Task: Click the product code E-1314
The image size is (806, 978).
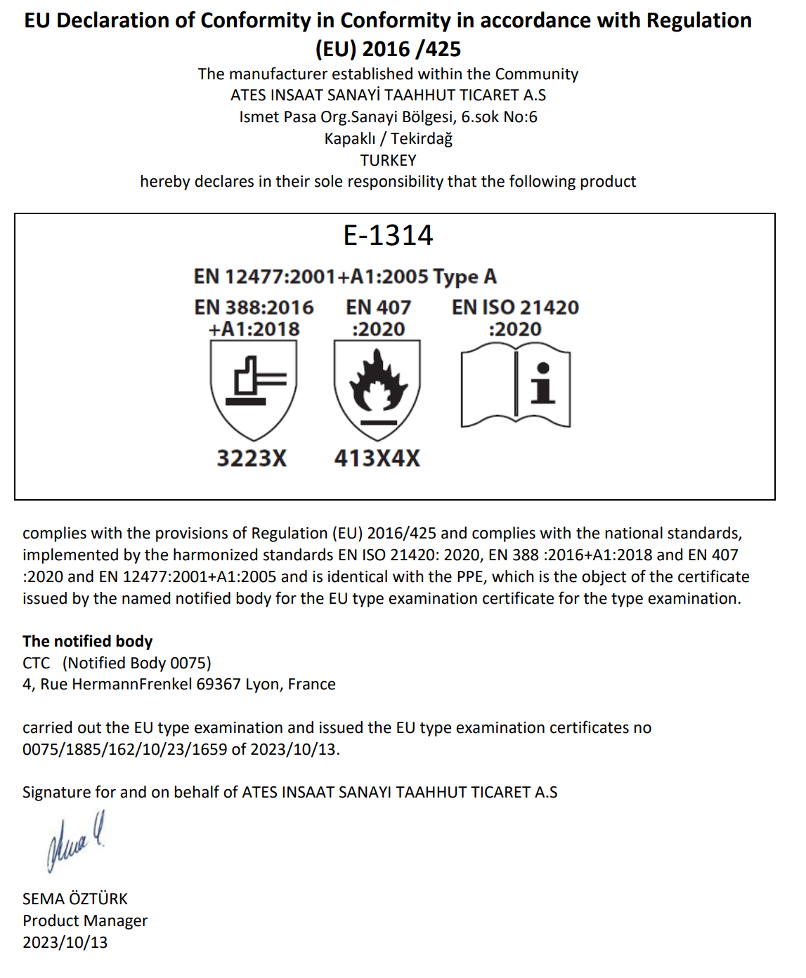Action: point(388,236)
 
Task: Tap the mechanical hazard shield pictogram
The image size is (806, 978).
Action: point(253,390)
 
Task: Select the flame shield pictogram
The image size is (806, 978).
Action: point(377,390)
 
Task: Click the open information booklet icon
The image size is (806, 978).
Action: point(515,386)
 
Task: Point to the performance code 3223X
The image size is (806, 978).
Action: point(252,458)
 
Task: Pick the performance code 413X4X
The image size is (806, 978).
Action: point(377,458)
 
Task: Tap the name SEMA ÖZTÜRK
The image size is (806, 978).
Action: point(75,899)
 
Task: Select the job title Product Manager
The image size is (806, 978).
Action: point(85,921)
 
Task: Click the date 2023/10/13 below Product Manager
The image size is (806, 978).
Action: point(65,943)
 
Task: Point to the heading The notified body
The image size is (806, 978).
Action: point(87,641)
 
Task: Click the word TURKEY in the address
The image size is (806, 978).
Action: point(388,160)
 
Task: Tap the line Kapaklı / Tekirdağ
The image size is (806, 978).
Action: point(388,138)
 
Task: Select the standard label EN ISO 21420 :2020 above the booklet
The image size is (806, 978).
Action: point(515,318)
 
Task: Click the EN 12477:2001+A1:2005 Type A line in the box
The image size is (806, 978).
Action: point(345,277)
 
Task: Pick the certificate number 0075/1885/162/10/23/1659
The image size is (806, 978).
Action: point(124,749)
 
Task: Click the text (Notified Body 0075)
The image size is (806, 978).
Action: point(136,663)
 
